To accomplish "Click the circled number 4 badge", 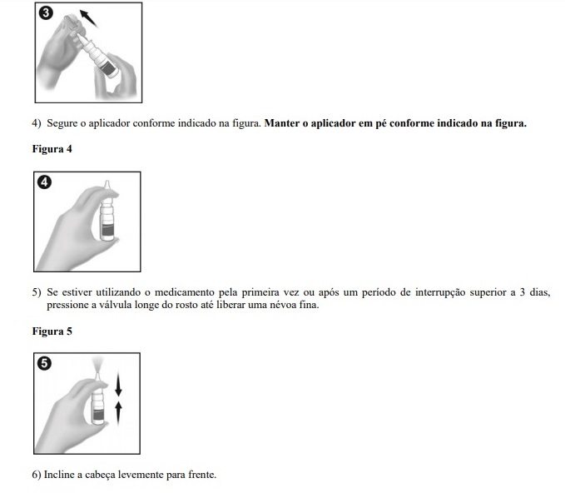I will coord(44,182).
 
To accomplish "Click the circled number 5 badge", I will coord(44,363).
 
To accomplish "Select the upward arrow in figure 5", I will coord(118,410).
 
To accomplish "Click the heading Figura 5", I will coord(52,331).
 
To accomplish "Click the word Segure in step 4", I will coord(62,124).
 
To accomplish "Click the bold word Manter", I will coord(281,124).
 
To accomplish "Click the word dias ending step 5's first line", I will coord(538,292).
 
